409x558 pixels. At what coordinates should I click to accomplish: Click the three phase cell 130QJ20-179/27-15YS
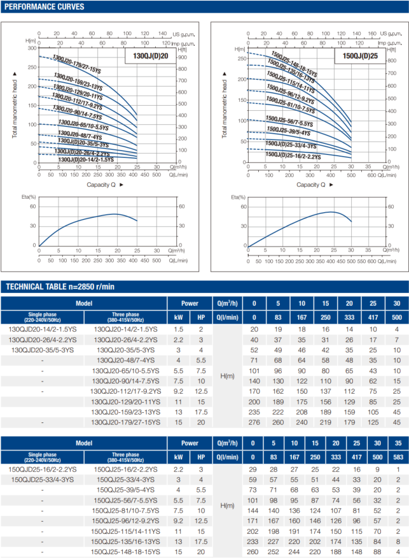click(125, 422)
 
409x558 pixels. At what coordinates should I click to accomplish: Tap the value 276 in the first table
click(254, 422)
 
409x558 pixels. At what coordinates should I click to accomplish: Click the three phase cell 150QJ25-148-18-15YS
click(125, 552)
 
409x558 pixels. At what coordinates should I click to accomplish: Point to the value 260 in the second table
click(254, 552)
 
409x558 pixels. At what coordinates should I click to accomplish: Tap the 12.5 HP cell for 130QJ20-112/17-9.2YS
click(201, 391)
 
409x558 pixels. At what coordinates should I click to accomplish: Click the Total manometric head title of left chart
click(14, 106)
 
